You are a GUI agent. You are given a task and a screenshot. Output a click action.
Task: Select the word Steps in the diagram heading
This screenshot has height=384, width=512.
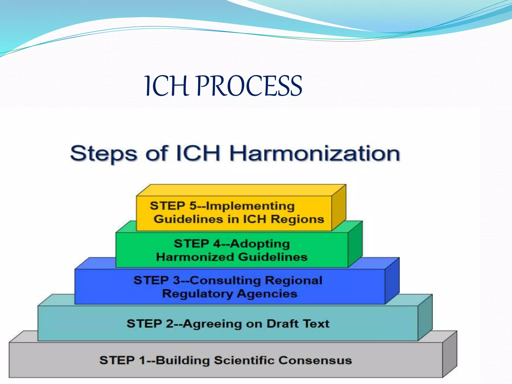[103, 154]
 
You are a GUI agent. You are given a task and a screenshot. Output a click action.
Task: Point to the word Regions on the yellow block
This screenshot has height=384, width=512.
[297, 219]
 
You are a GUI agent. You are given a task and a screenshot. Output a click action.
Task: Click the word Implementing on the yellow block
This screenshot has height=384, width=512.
[250, 206]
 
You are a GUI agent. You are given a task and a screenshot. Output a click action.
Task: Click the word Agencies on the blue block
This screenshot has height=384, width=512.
[267, 293]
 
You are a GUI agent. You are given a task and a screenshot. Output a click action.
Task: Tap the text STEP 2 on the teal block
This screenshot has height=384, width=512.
[150, 324]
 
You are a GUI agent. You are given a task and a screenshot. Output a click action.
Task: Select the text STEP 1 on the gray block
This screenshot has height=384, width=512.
[122, 360]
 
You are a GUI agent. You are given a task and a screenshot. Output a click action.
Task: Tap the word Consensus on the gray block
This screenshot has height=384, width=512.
[315, 360]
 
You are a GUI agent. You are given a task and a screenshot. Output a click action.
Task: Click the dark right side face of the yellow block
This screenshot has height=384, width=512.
[339, 207]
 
